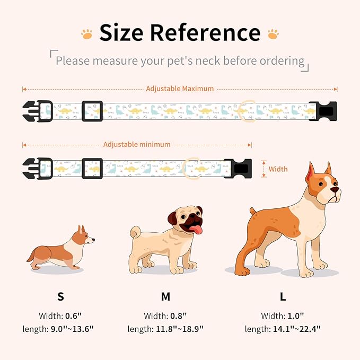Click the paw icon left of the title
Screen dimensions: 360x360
(86, 33)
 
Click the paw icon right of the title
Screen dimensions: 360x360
(273, 33)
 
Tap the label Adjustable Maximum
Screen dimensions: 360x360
(180, 89)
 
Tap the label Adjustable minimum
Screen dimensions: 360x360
(137, 144)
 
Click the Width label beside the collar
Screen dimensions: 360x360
(278, 169)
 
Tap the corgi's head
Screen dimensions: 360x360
(85, 237)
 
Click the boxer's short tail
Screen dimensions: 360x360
(254, 212)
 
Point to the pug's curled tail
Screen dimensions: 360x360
(135, 232)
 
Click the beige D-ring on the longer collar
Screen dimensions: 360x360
(247, 110)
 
